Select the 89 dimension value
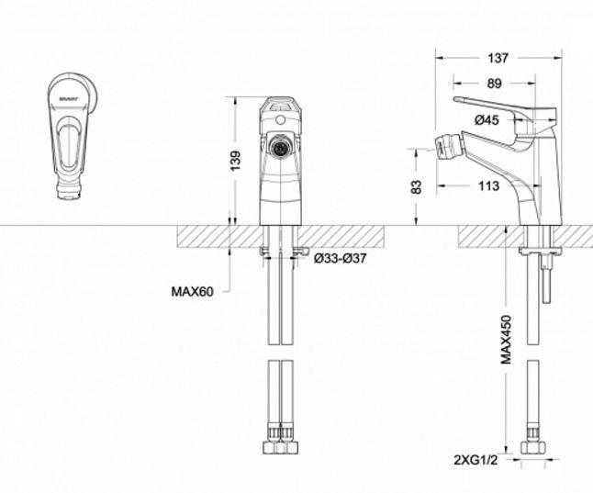coord(494,84)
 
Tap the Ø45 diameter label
coord(486,119)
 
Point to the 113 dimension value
coord(488,186)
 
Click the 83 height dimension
coord(417,187)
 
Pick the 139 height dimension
coord(235,160)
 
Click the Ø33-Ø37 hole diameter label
coord(340,259)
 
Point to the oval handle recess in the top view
coord(70,144)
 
